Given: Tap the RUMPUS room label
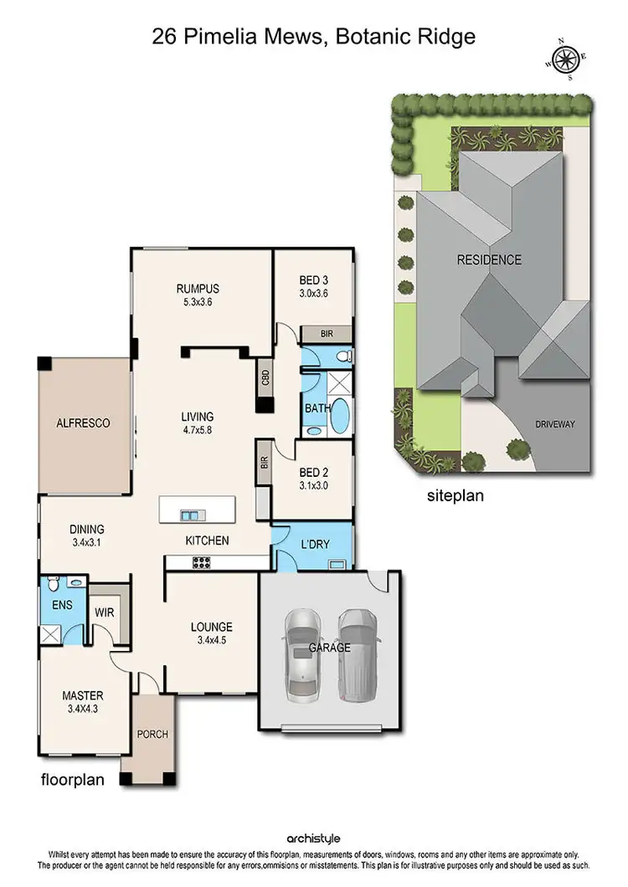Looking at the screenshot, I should pyautogui.click(x=197, y=290).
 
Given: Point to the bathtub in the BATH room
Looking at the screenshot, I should pyautogui.click(x=341, y=418).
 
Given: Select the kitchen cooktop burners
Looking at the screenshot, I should pyautogui.click(x=201, y=563).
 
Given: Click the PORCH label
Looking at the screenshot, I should pyautogui.click(x=152, y=735).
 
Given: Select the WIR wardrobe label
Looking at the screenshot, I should pyautogui.click(x=105, y=612).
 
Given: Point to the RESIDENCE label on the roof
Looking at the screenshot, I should pyautogui.click(x=489, y=260).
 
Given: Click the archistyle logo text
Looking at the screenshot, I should pyautogui.click(x=313, y=838).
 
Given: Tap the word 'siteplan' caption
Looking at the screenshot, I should pyautogui.click(x=455, y=495).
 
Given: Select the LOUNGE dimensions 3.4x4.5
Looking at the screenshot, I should pyautogui.click(x=211, y=643).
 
